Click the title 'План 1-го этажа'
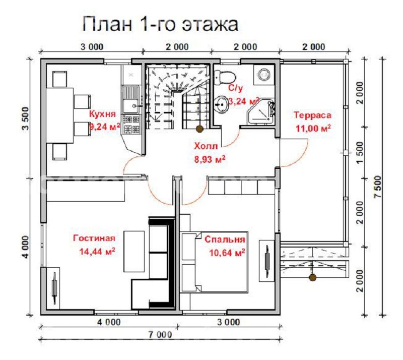pyautogui.click(x=160, y=23)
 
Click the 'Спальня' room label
pyautogui.click(x=225, y=239)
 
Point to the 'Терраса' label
pyautogui.click(x=312, y=115)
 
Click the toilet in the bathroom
pyautogui.click(x=224, y=77)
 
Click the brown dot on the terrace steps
pyautogui.click(x=312, y=277)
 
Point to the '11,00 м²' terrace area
pyautogui.click(x=313, y=128)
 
